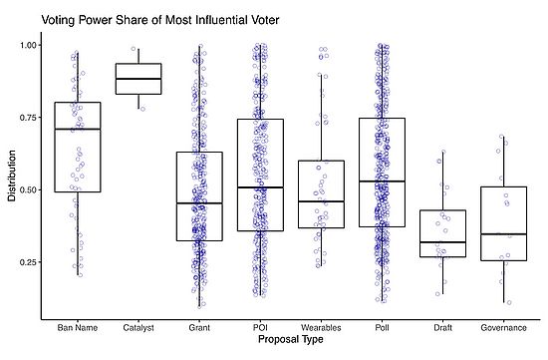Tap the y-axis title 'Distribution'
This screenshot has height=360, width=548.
12,176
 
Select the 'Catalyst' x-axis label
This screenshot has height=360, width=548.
138,326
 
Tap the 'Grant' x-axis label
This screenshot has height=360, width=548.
199,326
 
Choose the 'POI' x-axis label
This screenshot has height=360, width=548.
260,326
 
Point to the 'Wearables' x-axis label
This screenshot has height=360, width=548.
321,326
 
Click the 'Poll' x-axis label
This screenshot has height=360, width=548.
382,326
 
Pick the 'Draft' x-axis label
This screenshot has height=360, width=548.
442,326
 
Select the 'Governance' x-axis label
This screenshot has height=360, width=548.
503,326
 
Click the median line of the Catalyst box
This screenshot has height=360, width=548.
138,78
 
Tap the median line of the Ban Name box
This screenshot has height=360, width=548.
78,130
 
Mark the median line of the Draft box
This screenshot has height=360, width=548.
442,242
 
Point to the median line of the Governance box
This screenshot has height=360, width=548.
503,234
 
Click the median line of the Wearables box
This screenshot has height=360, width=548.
321,201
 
